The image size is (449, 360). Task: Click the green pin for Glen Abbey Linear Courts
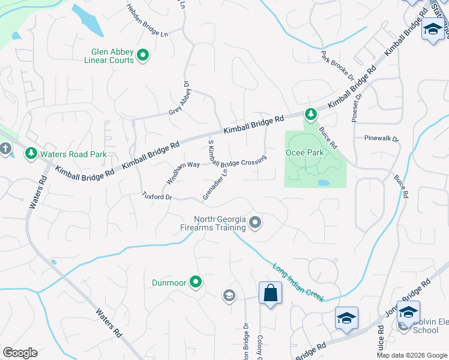143,56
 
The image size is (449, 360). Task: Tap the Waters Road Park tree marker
31,154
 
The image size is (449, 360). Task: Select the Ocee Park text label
304,153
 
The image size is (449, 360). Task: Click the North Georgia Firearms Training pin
255,223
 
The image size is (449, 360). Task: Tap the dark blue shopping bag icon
271,293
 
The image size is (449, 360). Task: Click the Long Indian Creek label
298,283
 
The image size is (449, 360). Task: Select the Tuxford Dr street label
157,196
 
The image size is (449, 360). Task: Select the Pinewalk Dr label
381,138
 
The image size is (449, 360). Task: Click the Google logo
20,353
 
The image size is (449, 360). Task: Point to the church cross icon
5,148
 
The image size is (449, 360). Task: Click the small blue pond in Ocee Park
324,182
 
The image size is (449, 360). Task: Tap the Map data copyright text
412,355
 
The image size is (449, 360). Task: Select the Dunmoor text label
169,281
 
